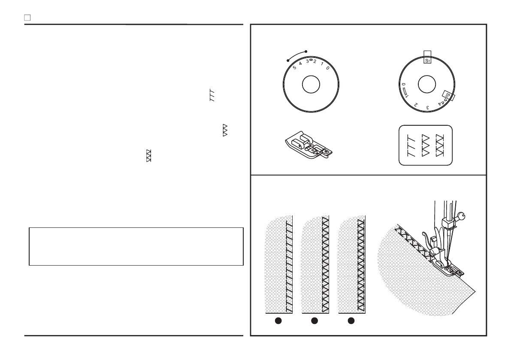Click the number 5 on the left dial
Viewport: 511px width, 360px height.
pyautogui.click(x=294, y=67)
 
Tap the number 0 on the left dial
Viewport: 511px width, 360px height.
pyautogui.click(x=328, y=68)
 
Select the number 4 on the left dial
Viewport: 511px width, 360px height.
pyautogui.click(x=301, y=64)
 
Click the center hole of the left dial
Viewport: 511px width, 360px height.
pyautogui.click(x=311, y=85)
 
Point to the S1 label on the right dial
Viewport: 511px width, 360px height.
pyautogui.click(x=427, y=61)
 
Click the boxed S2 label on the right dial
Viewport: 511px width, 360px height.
pyautogui.click(x=448, y=94)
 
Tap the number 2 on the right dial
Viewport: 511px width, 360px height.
pyautogui.click(x=416, y=104)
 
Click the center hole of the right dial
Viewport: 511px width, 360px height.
pyautogui.click(x=427, y=85)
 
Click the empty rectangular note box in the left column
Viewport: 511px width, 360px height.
pyautogui.click(x=136, y=247)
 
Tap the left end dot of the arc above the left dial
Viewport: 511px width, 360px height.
pyautogui.click(x=287, y=61)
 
